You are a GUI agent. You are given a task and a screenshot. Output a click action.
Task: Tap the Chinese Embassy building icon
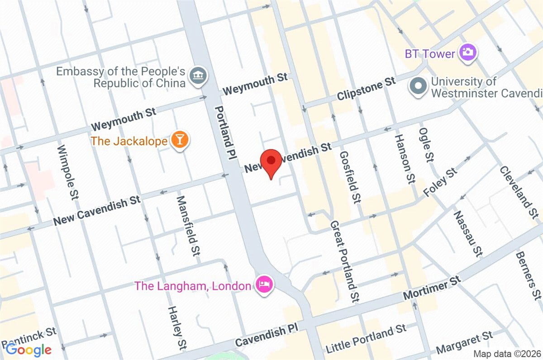click(x=198, y=75)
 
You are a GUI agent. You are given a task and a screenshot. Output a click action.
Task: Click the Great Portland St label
click(x=345, y=261)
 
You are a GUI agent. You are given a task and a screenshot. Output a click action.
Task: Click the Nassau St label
click(x=467, y=234)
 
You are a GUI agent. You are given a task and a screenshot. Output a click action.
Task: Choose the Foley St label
click(x=440, y=183)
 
